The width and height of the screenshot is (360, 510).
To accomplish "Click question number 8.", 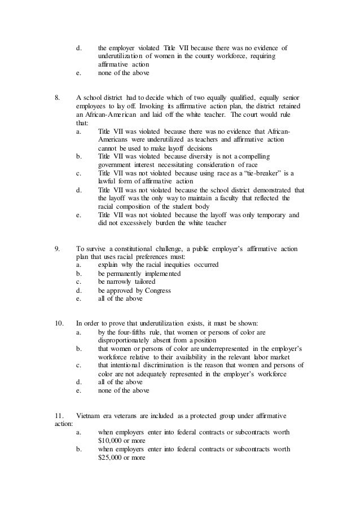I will tap(57, 98).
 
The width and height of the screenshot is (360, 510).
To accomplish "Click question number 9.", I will tap(57, 249).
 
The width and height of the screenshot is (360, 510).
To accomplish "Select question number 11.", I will tap(59, 416).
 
